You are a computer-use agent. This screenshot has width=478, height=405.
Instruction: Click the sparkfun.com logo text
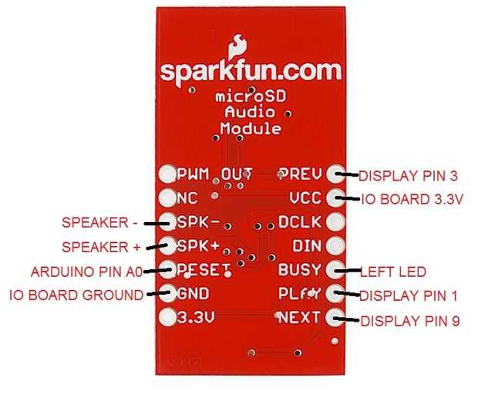pyautogui.click(x=251, y=71)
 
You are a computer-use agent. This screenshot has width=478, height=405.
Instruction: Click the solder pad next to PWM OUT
pyautogui.click(x=167, y=174)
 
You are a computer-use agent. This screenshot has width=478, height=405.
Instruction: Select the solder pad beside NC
pyautogui.click(x=167, y=197)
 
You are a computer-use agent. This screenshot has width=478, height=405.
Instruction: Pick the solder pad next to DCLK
pyautogui.click(x=335, y=221)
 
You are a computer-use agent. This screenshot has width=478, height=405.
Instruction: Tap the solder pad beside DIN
pyautogui.click(x=335, y=245)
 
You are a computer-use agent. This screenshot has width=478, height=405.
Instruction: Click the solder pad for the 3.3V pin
pyautogui.click(x=167, y=316)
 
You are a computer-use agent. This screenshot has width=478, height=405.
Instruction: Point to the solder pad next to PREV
pyautogui.click(x=335, y=174)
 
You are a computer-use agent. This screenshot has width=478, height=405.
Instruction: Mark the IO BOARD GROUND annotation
pyautogui.click(x=76, y=295)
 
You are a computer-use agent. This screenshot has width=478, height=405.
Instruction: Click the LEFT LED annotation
pyautogui.click(x=392, y=272)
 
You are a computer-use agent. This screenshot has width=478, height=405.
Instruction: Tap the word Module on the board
pyautogui.click(x=250, y=129)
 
